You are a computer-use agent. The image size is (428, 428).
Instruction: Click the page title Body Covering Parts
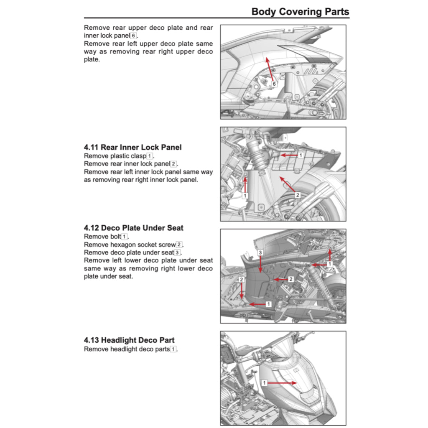pyautogui.click(x=300, y=11)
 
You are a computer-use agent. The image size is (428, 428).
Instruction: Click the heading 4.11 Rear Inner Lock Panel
pyautogui.click(x=132, y=147)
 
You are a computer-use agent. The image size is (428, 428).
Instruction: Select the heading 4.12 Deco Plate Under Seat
pyautogui.click(x=133, y=228)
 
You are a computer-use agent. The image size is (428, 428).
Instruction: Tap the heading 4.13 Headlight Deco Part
pyautogui.click(x=129, y=340)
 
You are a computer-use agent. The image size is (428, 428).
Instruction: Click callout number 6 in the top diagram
pyautogui.click(x=274, y=84)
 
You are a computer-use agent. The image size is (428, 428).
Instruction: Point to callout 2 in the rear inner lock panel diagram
pyautogui.click(x=298, y=195)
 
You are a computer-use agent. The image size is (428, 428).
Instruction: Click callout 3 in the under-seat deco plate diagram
pyautogui.click(x=260, y=253)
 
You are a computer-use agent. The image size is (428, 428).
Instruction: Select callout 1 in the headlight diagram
pyautogui.click(x=264, y=382)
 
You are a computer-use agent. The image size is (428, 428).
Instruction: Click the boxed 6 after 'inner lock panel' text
pyautogui.click(x=133, y=36)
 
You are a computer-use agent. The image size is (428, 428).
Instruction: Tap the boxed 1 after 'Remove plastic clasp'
pyautogui.click(x=150, y=156)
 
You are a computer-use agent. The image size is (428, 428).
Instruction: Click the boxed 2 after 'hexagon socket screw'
pyautogui.click(x=179, y=245)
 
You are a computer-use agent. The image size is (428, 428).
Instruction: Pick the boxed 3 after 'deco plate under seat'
pyautogui.click(x=177, y=252)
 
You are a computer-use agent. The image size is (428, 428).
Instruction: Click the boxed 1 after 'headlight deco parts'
pyautogui.click(x=173, y=349)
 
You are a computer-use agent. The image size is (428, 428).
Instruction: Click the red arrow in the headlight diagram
pyautogui.click(x=282, y=382)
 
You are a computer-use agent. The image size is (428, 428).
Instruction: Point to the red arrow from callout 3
pyautogui.click(x=260, y=265)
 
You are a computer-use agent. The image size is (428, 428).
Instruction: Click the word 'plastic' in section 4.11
pyautogui.click(x=121, y=156)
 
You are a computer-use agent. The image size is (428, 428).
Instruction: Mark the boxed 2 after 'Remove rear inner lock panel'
pyautogui.click(x=173, y=164)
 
